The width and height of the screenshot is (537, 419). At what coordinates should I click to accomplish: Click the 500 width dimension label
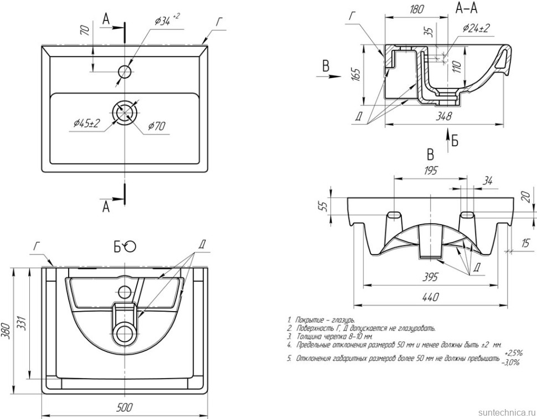[x=125, y=408]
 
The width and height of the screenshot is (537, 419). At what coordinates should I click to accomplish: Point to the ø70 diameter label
[x=156, y=126]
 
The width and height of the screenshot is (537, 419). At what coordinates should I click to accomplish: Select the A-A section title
[x=466, y=8]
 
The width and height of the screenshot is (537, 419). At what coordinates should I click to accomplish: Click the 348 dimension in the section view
[x=443, y=116]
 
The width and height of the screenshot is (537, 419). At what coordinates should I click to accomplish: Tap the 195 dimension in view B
[x=430, y=171]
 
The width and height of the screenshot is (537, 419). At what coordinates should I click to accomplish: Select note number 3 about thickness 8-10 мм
[x=330, y=336]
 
